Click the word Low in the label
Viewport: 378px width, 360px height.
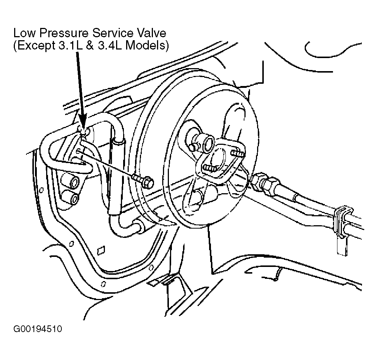pos(24,33)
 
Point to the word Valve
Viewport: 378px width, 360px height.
pos(150,33)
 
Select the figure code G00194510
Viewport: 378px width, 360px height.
pos(38,329)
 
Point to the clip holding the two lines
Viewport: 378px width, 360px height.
pos(342,226)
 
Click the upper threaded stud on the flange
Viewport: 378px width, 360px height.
pos(237,153)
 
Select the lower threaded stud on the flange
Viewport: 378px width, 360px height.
pos(209,168)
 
